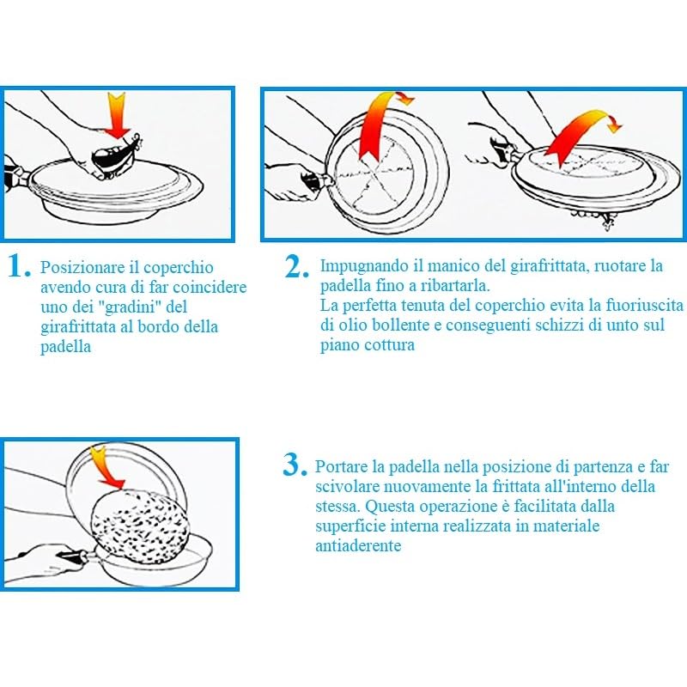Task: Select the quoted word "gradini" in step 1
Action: pyautogui.click(x=131, y=307)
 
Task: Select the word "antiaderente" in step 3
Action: pyautogui.click(x=358, y=545)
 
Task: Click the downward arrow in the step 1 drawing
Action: pyautogui.click(x=118, y=115)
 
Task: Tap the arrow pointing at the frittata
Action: pyautogui.click(x=106, y=467)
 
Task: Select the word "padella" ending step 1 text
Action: pyautogui.click(x=66, y=347)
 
